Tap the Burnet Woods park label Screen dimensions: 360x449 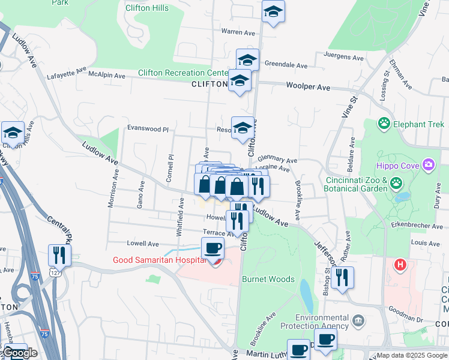tap(268, 279)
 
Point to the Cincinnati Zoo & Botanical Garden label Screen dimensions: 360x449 tap(360, 185)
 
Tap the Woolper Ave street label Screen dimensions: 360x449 tap(308, 86)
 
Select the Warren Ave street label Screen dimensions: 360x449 tap(238, 31)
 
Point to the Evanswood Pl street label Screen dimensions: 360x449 tap(148, 128)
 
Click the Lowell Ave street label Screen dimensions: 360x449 tap(143, 244)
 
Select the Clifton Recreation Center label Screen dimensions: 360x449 tap(182, 73)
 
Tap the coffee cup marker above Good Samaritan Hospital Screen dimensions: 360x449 tap(212, 248)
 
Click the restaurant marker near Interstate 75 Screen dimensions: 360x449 tap(59, 254)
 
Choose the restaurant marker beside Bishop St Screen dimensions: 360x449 tap(342, 278)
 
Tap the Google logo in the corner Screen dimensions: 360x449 tap(19, 353)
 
